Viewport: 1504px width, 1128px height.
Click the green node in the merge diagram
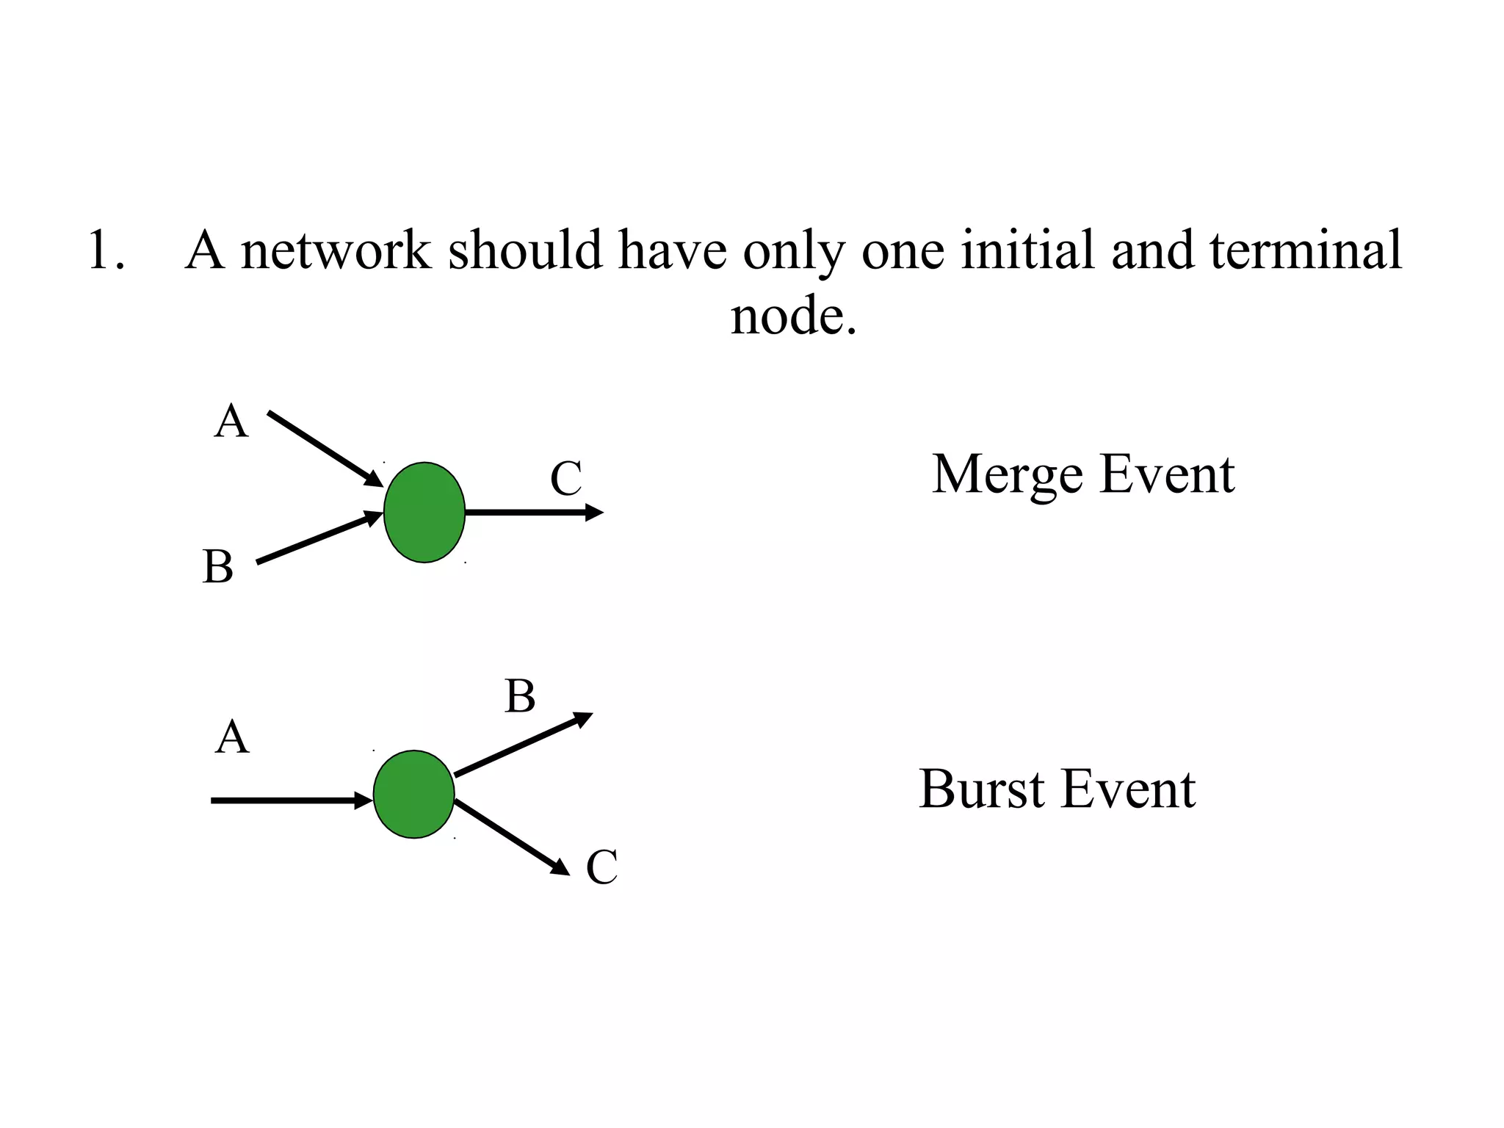point(424,513)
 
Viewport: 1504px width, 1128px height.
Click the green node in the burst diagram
point(413,794)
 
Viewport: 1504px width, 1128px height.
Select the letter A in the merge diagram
point(231,422)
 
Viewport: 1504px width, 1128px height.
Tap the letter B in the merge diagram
point(218,567)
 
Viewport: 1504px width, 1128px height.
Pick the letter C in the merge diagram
point(565,479)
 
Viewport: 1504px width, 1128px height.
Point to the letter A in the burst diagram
point(232,737)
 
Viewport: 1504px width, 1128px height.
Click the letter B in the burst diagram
point(520,696)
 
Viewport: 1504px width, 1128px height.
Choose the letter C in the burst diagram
point(601,867)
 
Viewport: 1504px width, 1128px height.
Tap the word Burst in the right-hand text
point(981,790)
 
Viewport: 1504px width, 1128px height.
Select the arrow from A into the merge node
point(323,449)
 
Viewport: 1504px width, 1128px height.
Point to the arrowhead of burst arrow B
point(583,718)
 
